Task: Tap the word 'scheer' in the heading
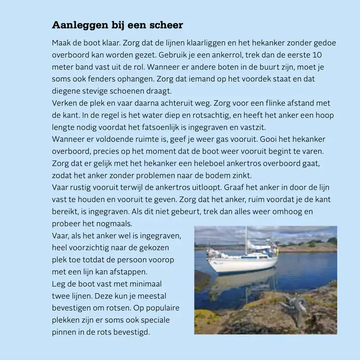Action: (x=166, y=25)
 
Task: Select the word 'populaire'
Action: (x=163, y=308)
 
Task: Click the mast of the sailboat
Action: (x=246, y=243)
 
